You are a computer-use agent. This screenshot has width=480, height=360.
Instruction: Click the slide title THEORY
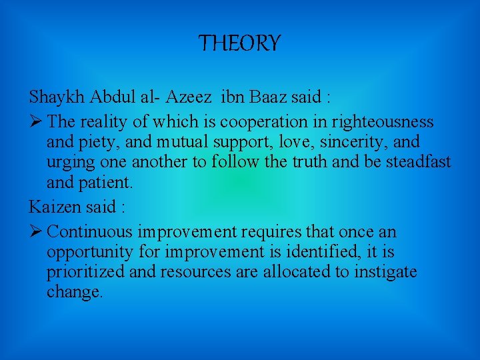tap(240, 44)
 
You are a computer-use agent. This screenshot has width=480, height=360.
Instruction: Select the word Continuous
tap(91, 232)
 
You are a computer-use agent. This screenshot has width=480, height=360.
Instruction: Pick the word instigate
tap(383, 272)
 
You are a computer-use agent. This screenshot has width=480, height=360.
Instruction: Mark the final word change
tap(73, 292)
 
